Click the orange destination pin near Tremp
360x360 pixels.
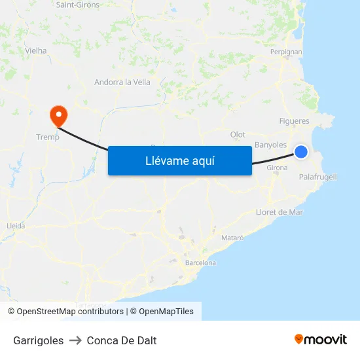click(x=58, y=116)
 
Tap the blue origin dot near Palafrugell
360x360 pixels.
click(x=301, y=152)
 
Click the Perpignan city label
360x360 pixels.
click(x=286, y=52)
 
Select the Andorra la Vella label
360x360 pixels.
click(x=122, y=82)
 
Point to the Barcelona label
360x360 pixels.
click(x=200, y=262)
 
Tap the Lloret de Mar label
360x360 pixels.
click(x=279, y=212)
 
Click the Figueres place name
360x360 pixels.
click(x=294, y=121)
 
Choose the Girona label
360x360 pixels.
click(x=277, y=168)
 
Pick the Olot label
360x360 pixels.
click(x=238, y=135)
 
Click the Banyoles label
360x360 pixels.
click(x=270, y=145)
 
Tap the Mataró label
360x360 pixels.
click(x=232, y=238)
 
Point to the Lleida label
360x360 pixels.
click(x=15, y=226)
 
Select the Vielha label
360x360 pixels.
click(x=36, y=50)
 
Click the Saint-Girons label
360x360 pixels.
click(x=78, y=5)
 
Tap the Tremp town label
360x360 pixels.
click(x=47, y=137)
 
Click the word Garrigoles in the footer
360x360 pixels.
click(x=39, y=340)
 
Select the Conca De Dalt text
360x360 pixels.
click(x=122, y=340)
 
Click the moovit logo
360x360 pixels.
click(x=321, y=339)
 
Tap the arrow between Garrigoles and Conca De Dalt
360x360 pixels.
click(x=75, y=340)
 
